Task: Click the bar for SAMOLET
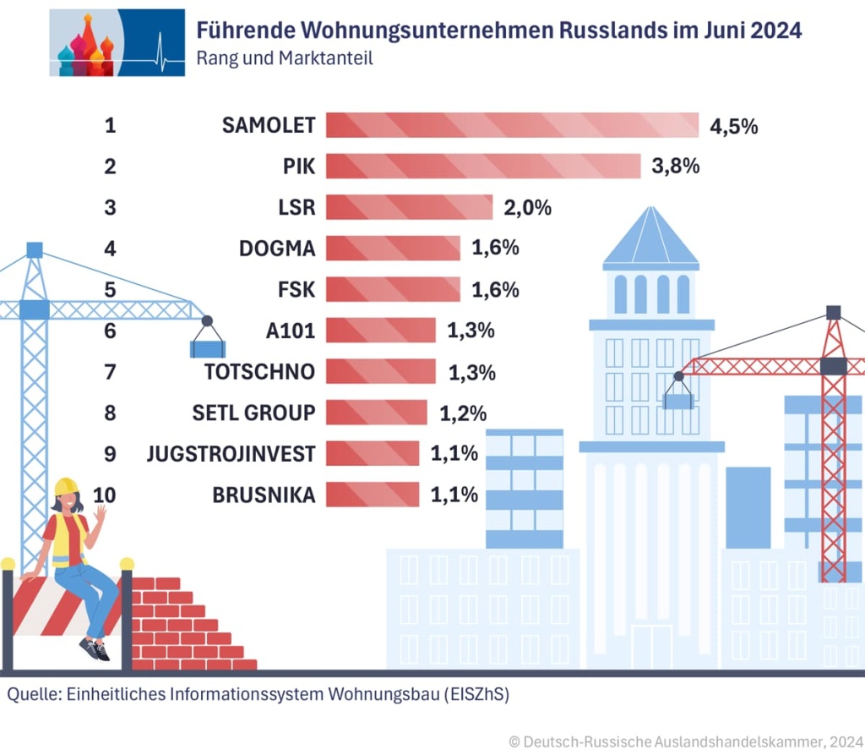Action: point(512,125)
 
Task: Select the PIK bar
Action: point(482,166)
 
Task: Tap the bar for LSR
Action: point(409,207)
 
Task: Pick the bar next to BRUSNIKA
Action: point(372,494)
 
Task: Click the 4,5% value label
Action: point(733,127)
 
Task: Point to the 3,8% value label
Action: point(675,167)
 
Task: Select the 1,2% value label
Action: point(463,413)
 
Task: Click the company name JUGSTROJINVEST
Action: point(231,454)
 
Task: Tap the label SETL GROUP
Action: point(253,413)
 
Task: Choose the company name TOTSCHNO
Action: point(259,372)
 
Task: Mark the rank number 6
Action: point(110,331)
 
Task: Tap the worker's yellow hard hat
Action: point(66,487)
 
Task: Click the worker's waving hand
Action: point(100,513)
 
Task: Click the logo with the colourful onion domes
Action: point(117,42)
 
